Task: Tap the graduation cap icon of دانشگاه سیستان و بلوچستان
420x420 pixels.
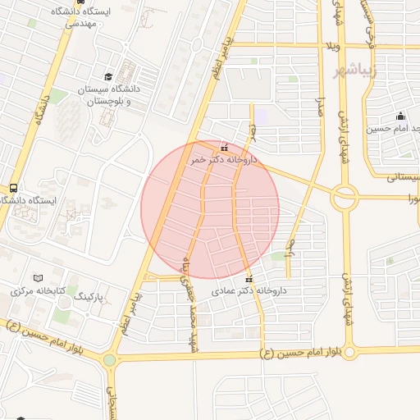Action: (x=107, y=76)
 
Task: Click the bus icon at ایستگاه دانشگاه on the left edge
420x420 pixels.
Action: (x=13, y=188)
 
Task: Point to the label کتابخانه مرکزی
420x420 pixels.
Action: (x=33, y=290)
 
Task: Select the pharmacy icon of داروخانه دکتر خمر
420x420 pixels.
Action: (x=225, y=148)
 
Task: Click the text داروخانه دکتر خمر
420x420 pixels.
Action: (x=223, y=160)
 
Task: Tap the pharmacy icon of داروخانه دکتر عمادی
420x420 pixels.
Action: (x=249, y=278)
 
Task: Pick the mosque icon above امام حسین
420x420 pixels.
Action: (x=400, y=116)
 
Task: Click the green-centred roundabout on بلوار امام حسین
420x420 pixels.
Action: (x=110, y=359)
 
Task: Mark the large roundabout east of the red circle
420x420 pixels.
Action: (x=345, y=196)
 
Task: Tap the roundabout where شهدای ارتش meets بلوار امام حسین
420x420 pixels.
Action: (x=350, y=354)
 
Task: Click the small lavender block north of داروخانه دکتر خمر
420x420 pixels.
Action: (x=262, y=116)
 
